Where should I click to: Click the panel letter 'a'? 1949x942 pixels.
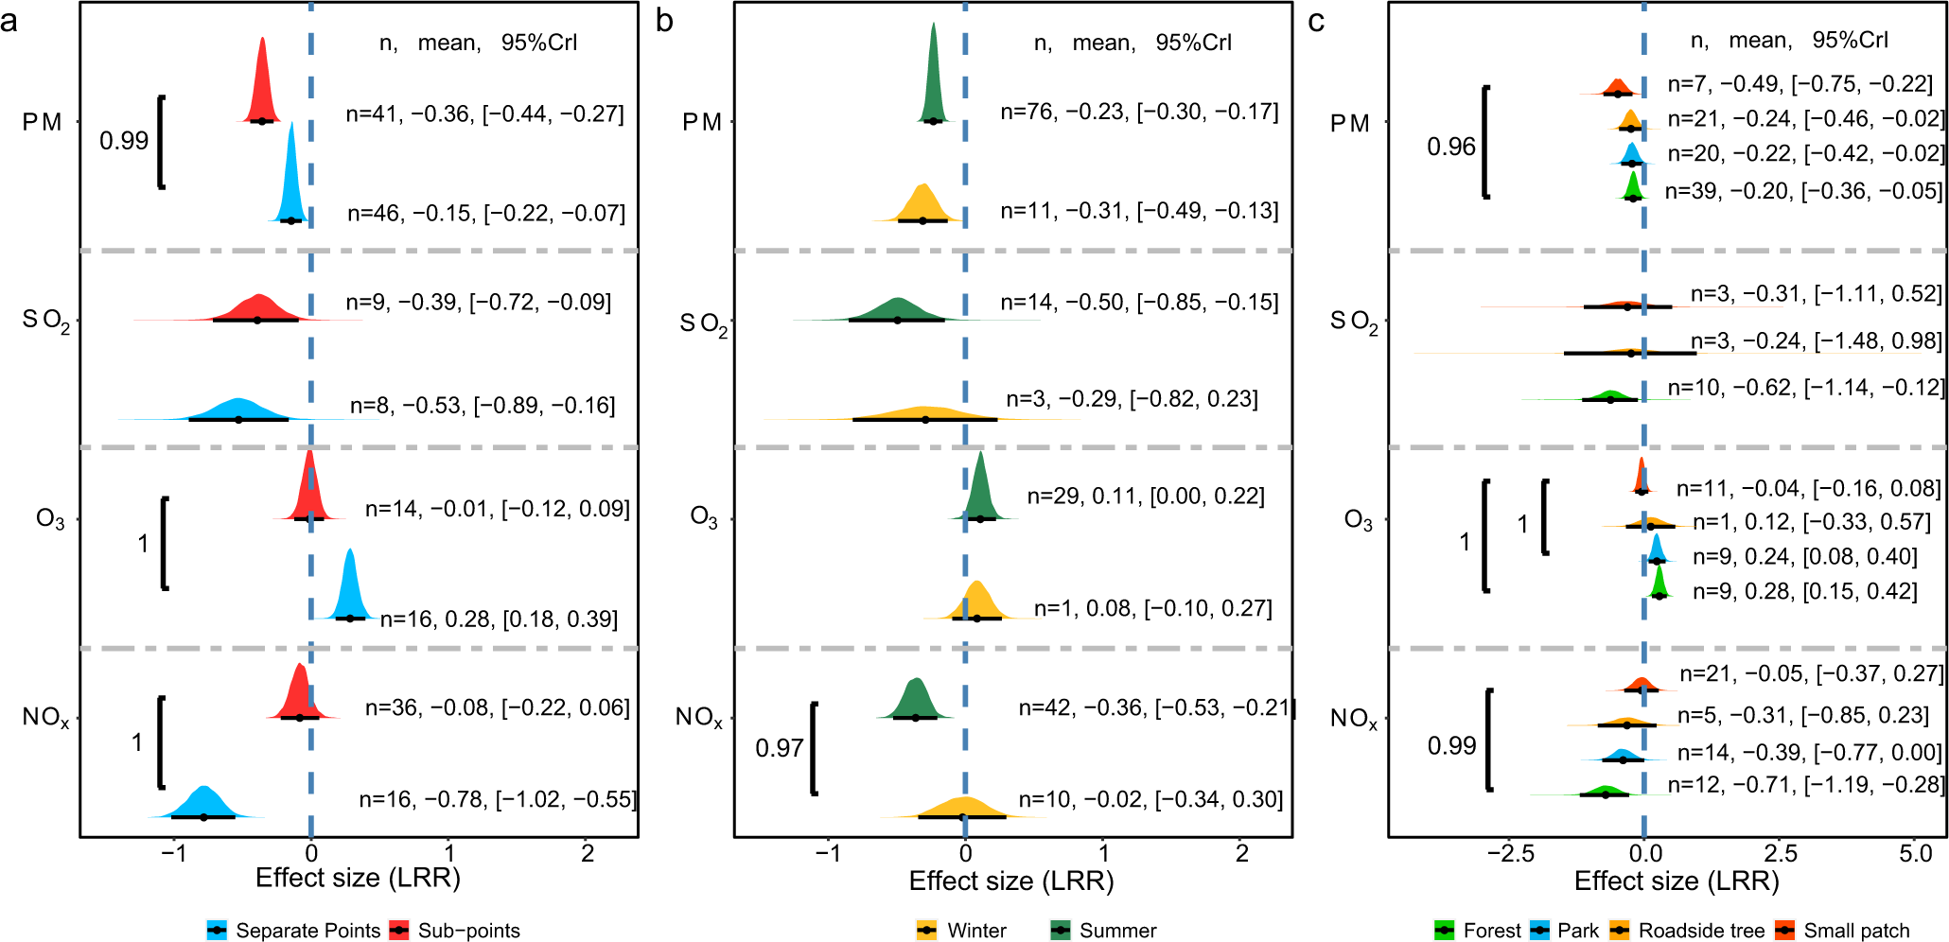point(9,21)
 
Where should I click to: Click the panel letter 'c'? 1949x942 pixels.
point(1316,21)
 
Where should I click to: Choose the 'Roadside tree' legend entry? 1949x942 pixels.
point(1700,930)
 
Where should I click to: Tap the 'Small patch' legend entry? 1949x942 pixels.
point(1855,930)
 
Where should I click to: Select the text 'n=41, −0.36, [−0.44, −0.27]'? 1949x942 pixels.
point(484,114)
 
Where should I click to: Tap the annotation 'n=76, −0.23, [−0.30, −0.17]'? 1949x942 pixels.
point(1139,113)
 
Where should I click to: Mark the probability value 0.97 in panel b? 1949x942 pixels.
point(779,748)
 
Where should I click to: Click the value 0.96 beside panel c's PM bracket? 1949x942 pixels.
point(1450,147)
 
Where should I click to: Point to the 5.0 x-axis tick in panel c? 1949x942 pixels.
point(1914,853)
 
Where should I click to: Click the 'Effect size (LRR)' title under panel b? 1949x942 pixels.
point(1010,881)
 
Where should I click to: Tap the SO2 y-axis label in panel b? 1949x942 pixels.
point(703,323)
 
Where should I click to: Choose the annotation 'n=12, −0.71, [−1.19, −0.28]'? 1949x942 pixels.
point(1805,785)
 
